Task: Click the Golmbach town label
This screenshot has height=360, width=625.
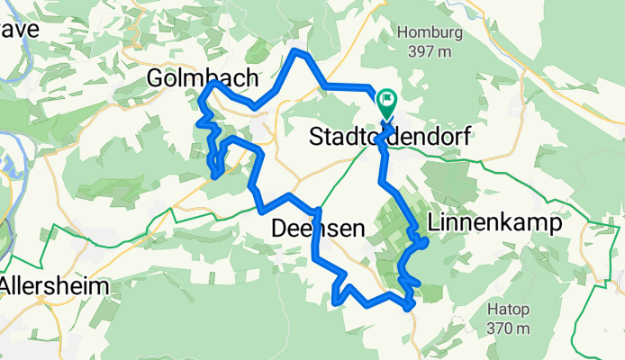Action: tap(202, 80)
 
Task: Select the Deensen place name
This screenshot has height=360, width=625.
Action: tap(318, 230)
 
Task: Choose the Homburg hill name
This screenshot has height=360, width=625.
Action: tap(429, 32)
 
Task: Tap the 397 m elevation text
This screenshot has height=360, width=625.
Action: tap(429, 52)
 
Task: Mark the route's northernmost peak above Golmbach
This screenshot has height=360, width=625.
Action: tap(300, 53)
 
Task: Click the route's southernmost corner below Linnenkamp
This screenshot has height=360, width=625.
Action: tap(411, 308)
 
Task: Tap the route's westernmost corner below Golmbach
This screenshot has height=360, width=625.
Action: tap(200, 115)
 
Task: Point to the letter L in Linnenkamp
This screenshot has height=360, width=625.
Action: tap(434, 222)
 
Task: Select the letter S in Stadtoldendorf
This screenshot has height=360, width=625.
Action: tap(316, 138)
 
